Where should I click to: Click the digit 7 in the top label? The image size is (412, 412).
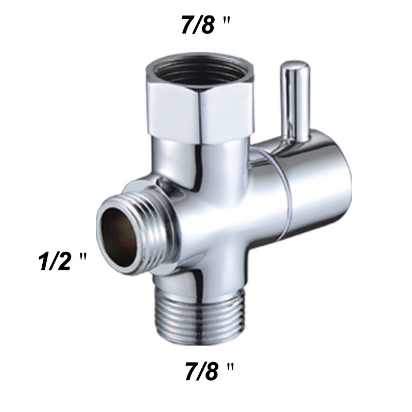pos(187,25)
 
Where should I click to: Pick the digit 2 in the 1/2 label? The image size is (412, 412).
pos(64,261)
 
